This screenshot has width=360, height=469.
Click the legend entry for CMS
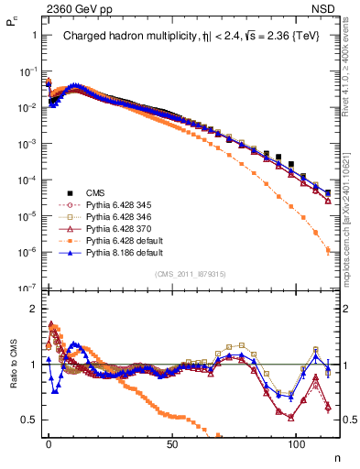[x=96, y=192]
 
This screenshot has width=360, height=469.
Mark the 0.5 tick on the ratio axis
[x=29, y=420]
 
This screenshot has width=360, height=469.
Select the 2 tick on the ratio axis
[x=32, y=309]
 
